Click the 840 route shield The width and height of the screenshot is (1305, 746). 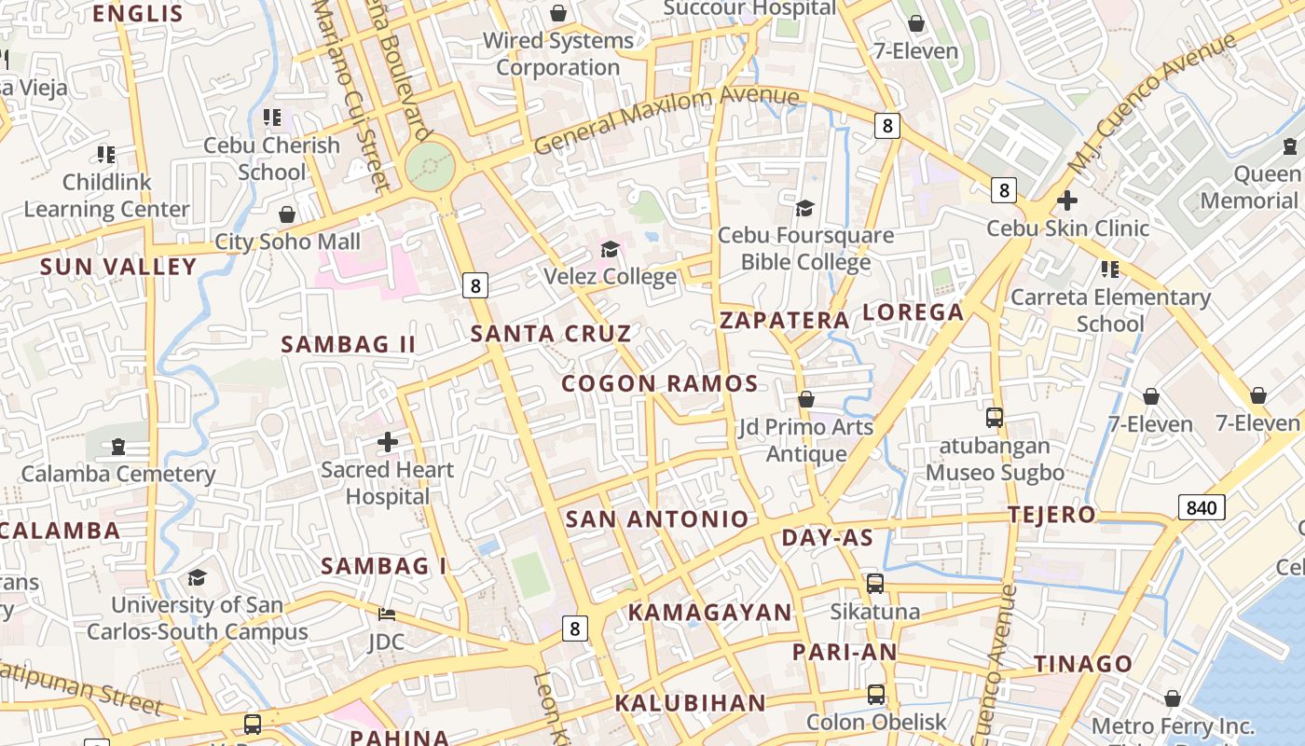click(x=1202, y=507)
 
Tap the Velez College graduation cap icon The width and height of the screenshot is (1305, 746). click(x=611, y=249)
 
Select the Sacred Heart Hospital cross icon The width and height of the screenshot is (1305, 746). click(x=388, y=442)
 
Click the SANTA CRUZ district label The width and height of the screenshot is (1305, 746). click(x=550, y=334)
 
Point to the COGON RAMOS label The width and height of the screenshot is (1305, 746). click(x=659, y=383)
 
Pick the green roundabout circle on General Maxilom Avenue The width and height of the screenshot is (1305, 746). click(x=430, y=167)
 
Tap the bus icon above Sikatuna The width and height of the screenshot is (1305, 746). click(x=875, y=584)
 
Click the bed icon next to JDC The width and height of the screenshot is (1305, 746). click(x=387, y=615)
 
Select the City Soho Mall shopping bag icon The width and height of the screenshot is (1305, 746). click(x=287, y=214)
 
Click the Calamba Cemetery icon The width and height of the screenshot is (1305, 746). click(x=118, y=447)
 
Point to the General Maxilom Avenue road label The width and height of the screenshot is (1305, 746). click(x=666, y=120)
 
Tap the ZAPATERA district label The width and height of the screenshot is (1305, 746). click(x=784, y=321)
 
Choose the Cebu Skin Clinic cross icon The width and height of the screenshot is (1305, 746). click(x=1067, y=200)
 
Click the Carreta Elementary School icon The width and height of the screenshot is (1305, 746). click(x=1109, y=269)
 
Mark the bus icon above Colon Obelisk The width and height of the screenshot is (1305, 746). click(x=875, y=695)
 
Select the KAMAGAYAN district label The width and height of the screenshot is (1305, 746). click(x=709, y=613)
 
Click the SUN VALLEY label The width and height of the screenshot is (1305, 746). click(x=118, y=267)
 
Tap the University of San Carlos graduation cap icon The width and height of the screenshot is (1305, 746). click(x=197, y=578)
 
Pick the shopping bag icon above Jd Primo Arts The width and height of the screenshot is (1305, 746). click(x=806, y=399)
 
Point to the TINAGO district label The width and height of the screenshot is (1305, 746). click(x=1083, y=664)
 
